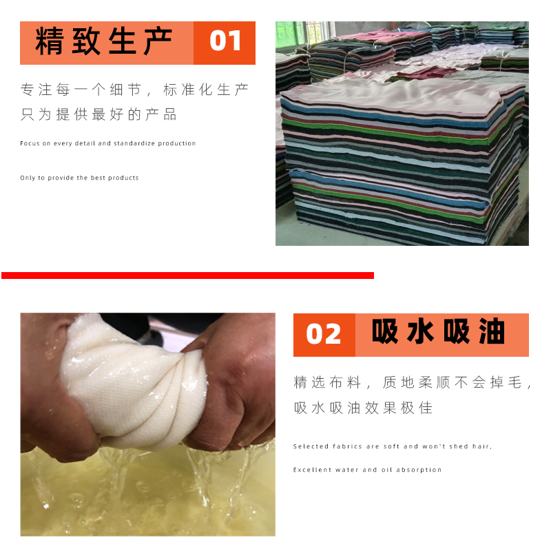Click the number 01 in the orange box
(x=225, y=41)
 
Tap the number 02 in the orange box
(x=324, y=334)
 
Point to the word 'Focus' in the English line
(x=30, y=143)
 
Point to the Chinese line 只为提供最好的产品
(x=99, y=115)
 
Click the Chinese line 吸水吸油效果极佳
(x=363, y=408)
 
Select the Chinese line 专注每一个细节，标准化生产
(x=135, y=90)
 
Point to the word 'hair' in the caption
(x=481, y=446)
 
